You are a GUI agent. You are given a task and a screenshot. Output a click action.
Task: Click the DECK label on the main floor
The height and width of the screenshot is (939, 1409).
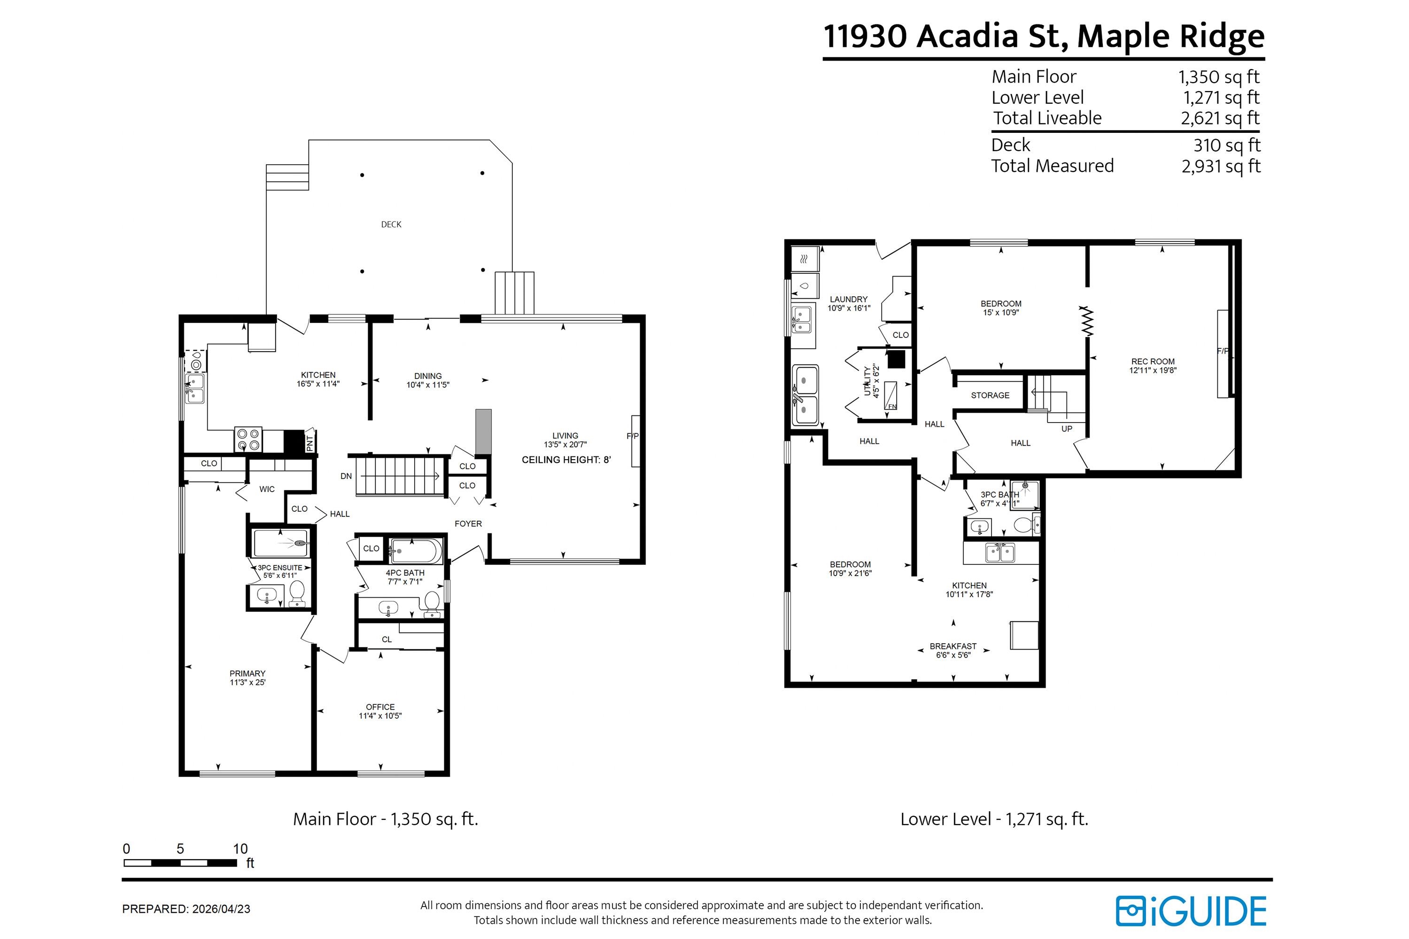coord(391,224)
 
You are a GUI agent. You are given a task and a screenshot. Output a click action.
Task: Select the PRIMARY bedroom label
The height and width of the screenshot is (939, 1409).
coord(248,674)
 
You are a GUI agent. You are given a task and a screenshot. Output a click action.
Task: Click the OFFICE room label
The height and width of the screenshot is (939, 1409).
coord(380,707)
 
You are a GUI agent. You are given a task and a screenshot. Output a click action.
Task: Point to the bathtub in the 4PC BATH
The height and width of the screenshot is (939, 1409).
coord(416,551)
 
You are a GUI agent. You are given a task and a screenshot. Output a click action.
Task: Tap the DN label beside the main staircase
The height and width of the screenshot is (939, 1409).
coord(346,477)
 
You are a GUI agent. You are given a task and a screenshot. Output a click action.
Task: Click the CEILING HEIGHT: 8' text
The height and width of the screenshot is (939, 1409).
coord(566,460)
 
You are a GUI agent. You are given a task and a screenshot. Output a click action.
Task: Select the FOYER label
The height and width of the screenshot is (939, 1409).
coord(468,524)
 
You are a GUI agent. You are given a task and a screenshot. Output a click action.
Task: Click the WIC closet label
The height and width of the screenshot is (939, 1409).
coord(267,489)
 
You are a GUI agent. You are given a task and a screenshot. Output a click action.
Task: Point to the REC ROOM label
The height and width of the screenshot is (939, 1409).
coord(1153,362)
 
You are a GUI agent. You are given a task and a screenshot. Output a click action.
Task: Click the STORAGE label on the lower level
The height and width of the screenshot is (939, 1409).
coord(990,395)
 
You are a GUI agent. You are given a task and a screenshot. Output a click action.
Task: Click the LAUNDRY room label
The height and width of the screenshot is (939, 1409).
coord(849,300)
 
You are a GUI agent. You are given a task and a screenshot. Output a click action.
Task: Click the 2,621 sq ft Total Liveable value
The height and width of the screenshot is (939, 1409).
coord(1220,119)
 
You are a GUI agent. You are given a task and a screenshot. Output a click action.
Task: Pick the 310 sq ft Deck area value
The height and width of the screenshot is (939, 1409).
coord(1227,146)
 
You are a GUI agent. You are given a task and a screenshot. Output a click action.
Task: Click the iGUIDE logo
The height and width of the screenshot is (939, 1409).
coord(1191,911)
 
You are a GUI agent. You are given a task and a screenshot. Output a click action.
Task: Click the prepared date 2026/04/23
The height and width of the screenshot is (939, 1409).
coord(221,909)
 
